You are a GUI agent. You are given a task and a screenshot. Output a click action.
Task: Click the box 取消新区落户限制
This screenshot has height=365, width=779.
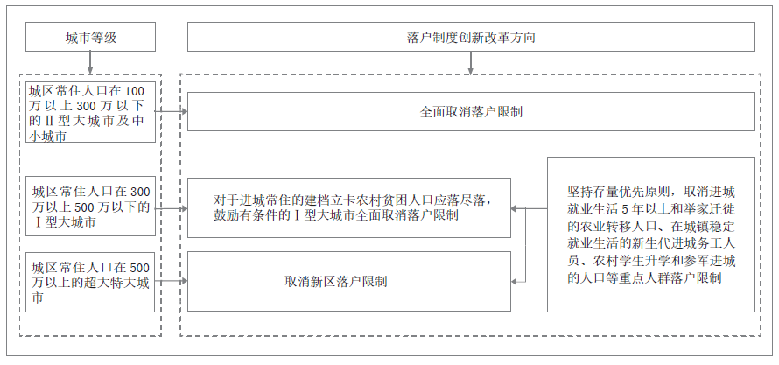349,281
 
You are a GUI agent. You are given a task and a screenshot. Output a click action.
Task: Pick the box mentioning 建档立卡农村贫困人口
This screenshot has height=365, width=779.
349,207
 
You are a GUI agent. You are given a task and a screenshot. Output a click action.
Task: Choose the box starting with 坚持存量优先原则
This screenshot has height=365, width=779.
650,235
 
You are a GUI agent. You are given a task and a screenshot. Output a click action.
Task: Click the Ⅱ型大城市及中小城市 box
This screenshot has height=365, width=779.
91,112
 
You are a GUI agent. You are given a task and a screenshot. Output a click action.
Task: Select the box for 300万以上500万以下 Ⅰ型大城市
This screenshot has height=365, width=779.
91,207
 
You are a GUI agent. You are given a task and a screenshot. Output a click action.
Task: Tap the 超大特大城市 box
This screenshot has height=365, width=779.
91,281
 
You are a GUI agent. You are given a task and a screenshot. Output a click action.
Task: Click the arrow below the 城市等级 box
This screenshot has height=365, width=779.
91,63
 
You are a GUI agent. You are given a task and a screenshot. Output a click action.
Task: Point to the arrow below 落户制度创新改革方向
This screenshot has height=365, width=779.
471,63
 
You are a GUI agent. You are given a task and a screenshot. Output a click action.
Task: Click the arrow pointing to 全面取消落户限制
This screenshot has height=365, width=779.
172,111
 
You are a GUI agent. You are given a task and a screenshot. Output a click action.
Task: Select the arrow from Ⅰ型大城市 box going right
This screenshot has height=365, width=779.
172,207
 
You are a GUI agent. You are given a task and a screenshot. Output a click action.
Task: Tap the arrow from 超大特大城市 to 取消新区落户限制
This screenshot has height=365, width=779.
172,281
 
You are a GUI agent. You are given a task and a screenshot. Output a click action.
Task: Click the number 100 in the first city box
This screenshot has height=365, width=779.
137,91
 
